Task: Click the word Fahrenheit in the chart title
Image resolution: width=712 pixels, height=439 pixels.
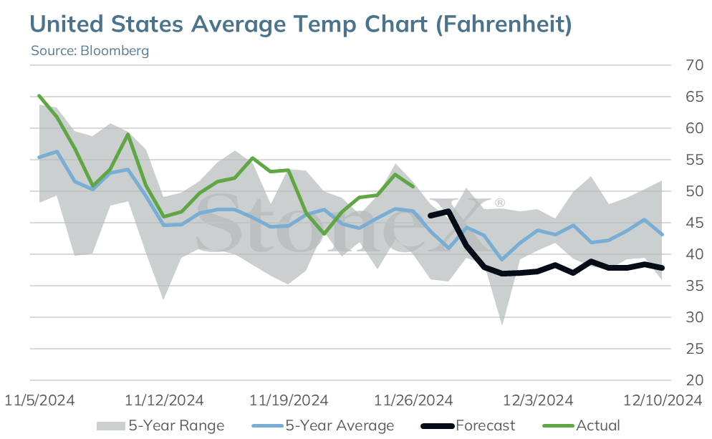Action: click(504, 24)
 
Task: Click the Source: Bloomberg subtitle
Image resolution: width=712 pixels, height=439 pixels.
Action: click(90, 50)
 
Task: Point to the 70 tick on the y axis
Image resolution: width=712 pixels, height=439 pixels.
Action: click(694, 65)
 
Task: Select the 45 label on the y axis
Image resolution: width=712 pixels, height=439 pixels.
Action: click(694, 223)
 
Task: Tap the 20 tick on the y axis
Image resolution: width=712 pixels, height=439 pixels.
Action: click(694, 380)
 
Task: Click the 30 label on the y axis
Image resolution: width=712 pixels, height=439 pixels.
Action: click(694, 317)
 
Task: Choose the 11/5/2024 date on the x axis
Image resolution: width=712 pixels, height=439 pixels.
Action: click(39, 400)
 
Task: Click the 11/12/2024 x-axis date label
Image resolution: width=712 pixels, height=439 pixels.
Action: click(164, 400)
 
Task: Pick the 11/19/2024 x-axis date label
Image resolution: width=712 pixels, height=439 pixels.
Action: click(289, 400)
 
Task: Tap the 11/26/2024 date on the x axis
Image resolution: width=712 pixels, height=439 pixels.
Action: click(413, 400)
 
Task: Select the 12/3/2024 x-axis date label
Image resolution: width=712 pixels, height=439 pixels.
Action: click(538, 400)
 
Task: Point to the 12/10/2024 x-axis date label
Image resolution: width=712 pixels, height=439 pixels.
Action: click(663, 400)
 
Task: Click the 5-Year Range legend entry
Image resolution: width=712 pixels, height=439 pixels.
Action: click(160, 425)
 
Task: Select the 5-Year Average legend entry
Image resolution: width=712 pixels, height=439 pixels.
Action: click(323, 425)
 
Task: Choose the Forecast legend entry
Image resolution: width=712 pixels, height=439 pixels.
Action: click(468, 425)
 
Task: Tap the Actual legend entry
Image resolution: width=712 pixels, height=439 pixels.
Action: click(582, 425)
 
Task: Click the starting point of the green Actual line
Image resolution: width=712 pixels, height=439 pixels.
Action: click(39, 96)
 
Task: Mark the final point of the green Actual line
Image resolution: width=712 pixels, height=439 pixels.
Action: click(413, 186)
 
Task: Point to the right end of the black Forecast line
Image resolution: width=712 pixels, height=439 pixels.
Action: click(663, 268)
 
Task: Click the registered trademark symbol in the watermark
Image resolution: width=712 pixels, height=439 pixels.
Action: click(499, 203)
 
